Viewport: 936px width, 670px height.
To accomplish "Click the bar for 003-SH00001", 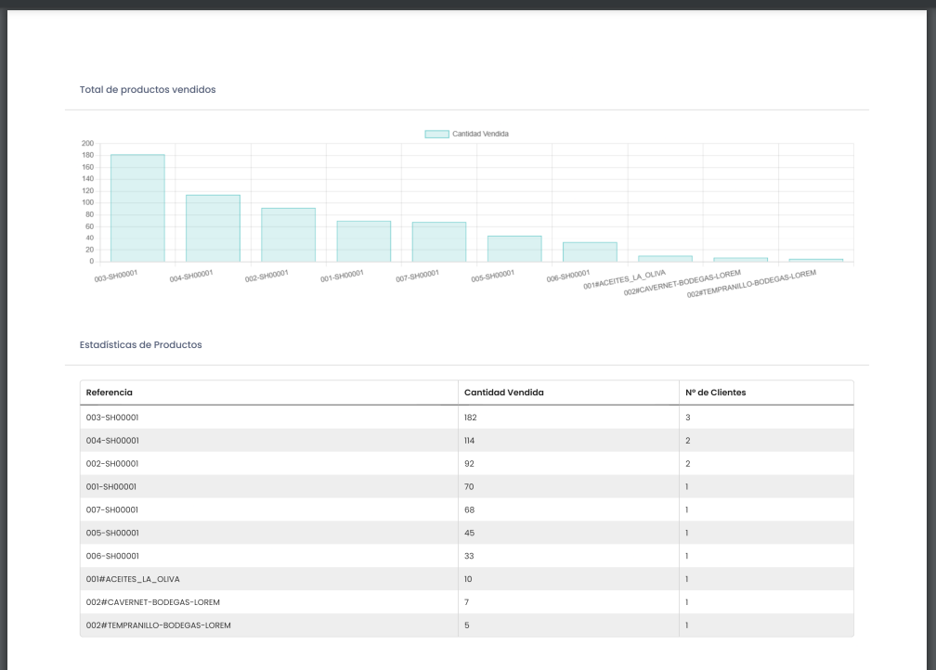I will [137, 208].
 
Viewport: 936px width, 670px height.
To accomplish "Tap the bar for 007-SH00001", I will [439, 241].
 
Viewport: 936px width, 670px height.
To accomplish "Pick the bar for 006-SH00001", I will [590, 251].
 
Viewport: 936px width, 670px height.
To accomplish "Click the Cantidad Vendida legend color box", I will [436, 134].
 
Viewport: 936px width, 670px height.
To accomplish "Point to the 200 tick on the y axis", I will [88, 144].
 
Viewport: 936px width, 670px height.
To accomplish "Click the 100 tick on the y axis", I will [88, 202].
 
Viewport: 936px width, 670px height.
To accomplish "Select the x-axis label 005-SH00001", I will [492, 277].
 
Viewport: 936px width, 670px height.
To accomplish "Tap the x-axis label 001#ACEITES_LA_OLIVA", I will [624, 280].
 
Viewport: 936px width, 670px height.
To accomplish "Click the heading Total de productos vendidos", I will [148, 90].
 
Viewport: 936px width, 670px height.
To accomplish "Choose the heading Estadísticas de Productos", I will [140, 344].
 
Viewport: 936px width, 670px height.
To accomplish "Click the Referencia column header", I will [110, 393].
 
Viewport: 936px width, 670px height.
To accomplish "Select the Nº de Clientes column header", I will [715, 393].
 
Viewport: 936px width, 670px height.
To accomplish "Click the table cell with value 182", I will [471, 418].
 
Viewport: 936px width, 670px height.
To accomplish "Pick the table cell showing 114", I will [470, 441].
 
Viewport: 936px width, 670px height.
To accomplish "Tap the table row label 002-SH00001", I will [112, 464].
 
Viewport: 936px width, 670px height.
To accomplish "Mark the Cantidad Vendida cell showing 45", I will [469, 533].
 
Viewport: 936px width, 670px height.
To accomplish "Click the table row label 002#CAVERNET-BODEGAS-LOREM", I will [152, 602].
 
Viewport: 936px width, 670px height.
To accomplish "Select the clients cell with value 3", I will [688, 418].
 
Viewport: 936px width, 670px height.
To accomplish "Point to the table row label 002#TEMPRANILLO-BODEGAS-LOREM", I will [158, 625].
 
